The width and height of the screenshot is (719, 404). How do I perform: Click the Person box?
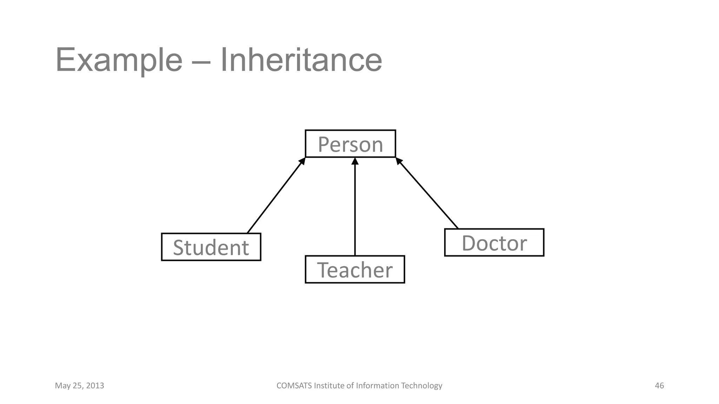coord(350,144)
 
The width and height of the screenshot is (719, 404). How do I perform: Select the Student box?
coord(211,247)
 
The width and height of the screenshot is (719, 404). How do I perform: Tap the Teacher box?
coord(355,269)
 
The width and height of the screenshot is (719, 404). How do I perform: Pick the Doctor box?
coord(494,242)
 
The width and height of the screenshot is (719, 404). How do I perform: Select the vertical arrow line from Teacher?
coord(355,210)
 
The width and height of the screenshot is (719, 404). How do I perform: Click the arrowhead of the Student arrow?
coord(302,161)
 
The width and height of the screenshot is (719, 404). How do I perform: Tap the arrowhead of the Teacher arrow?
coord(355,161)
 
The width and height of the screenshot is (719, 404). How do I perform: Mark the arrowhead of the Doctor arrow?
coord(399,161)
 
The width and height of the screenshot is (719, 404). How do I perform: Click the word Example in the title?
coord(119,60)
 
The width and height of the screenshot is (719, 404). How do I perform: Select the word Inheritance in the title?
coord(301,60)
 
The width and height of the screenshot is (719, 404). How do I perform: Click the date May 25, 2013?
coord(79,386)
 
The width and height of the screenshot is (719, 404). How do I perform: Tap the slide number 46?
coord(659,386)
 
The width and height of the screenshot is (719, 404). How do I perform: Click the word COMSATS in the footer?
coord(294,386)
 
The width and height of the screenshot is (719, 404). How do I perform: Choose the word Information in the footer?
coord(377,386)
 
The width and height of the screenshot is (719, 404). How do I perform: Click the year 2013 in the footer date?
coord(95,386)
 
